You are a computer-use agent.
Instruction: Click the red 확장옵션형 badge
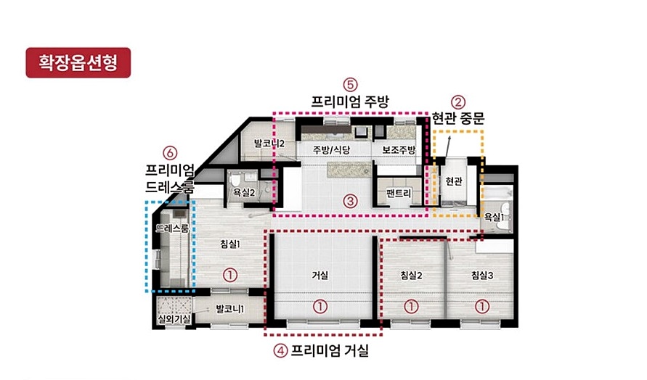point(78,62)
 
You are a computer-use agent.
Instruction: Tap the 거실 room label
point(320,275)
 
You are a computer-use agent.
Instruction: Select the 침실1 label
point(230,244)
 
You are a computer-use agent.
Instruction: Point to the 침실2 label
point(412,275)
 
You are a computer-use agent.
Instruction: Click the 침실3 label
point(482,275)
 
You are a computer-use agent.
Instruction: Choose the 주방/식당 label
point(331,149)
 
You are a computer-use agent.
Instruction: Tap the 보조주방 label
point(399,149)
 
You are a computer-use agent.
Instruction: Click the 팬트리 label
point(398,192)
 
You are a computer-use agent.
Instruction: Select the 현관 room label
point(454,181)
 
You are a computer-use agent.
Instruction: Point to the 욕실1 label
point(494,217)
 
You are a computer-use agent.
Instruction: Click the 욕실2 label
point(244,192)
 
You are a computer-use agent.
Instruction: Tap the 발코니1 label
point(230,309)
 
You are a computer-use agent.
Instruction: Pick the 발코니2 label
point(269,144)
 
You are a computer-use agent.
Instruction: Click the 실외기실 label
point(174,318)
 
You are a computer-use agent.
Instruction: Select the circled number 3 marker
point(350,202)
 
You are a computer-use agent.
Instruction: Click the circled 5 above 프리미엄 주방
point(350,85)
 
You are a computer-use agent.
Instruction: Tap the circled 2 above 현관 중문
point(457,102)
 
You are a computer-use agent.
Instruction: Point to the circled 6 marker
point(170,153)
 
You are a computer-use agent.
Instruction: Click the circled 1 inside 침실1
point(230,275)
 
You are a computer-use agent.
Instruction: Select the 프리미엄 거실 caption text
point(330,351)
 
